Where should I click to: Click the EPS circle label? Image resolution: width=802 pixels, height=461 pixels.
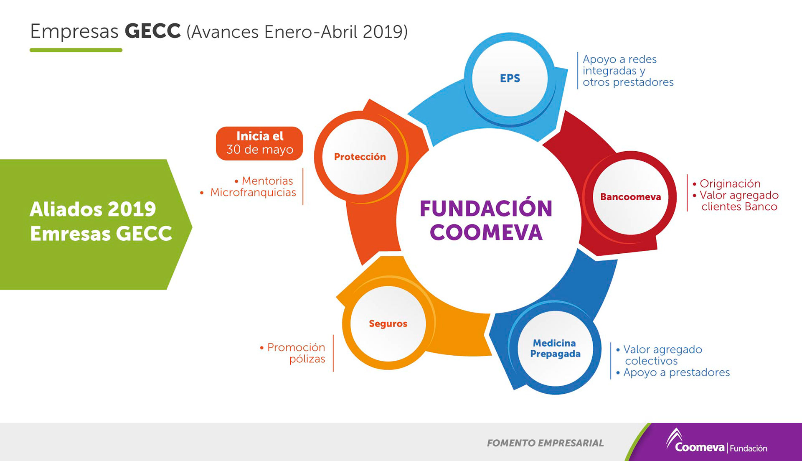point(510,78)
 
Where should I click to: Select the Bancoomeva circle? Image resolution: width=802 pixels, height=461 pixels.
point(630,197)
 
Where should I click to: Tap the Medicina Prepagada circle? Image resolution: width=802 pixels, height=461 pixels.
point(555,349)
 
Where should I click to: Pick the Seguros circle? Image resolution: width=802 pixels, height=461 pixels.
point(388,323)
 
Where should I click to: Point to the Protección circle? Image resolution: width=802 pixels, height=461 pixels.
point(360,157)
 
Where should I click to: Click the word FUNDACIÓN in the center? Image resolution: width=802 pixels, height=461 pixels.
point(486,209)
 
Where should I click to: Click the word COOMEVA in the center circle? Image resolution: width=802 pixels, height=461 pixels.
point(486,233)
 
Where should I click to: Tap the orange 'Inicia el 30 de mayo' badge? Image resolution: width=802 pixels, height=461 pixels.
point(259,143)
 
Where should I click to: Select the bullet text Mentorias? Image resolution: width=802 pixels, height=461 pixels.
point(267,181)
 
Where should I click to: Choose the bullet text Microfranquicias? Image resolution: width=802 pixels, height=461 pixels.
point(253,192)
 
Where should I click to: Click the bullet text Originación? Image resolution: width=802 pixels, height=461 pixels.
point(730,183)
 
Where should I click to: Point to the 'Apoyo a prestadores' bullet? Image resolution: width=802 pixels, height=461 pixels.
point(676,372)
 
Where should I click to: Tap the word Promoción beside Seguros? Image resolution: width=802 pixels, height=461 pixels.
point(296,347)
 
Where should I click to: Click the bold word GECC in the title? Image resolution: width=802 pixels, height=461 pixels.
point(152,31)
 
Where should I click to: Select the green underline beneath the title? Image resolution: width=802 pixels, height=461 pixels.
point(76,50)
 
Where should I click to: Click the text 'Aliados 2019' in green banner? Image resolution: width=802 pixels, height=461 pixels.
point(93,209)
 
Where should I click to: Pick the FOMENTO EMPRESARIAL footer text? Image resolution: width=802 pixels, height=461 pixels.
point(545,443)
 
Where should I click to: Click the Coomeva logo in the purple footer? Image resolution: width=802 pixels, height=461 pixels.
point(699,445)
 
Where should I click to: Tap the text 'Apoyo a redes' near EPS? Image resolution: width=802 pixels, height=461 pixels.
point(619,59)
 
